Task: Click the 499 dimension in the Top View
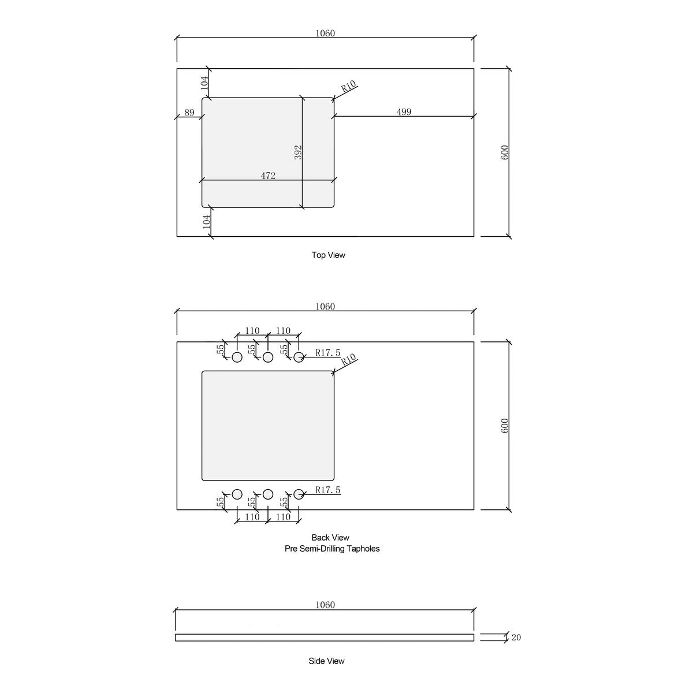(404, 112)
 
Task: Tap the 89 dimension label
(189, 113)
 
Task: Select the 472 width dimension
(268, 176)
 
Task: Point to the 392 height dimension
(298, 152)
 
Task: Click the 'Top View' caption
(329, 255)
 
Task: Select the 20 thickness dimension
(516, 638)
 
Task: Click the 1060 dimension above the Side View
(325, 605)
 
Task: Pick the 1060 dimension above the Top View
(325, 33)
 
